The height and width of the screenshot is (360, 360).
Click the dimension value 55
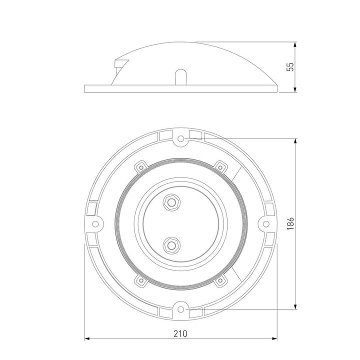pos(289,67)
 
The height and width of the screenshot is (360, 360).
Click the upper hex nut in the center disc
pos(173,202)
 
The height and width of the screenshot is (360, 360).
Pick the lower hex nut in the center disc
pos(173,244)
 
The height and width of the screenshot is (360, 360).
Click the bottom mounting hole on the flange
pos(181,309)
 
